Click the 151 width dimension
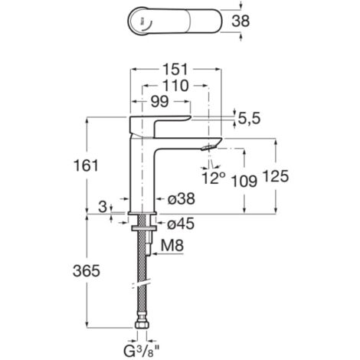[175, 70]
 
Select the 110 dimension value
[175, 86]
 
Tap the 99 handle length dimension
[159, 102]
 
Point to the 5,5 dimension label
[249, 119]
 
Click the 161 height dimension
[86, 165]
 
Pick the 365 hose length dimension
[87, 270]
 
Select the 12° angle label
[214, 178]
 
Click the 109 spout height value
[244, 182]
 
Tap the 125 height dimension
[276, 176]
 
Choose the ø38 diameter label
[182, 198]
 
